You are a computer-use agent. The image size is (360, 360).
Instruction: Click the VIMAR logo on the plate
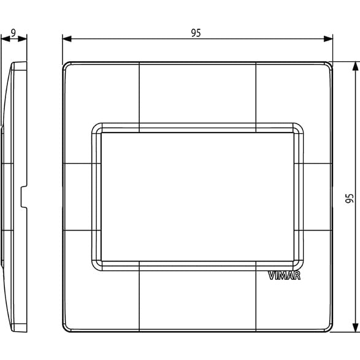click(x=284, y=275)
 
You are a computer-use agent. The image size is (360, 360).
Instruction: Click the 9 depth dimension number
click(x=13, y=33)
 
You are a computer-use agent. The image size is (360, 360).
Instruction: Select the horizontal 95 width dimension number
click(x=196, y=33)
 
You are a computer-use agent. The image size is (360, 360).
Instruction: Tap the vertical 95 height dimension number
click(x=349, y=198)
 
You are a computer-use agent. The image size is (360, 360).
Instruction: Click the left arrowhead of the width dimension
click(x=67, y=39)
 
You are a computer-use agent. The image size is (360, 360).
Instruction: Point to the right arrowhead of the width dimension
click(x=328, y=39)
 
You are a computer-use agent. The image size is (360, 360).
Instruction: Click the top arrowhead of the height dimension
click(x=356, y=66)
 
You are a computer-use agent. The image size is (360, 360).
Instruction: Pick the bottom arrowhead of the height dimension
click(x=356, y=327)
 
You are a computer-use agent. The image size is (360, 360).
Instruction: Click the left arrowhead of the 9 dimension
click(x=6, y=39)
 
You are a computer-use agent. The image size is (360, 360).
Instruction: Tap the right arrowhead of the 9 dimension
click(x=23, y=39)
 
